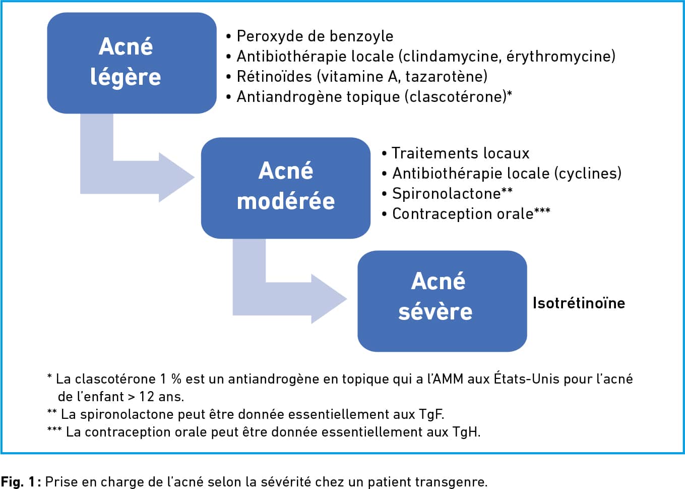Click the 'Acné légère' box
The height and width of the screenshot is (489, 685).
[132, 63]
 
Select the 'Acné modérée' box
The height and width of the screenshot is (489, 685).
[286, 188]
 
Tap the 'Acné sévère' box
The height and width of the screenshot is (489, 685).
[442, 301]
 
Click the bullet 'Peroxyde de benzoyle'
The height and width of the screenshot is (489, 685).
[310, 36]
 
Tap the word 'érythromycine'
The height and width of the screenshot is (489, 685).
[558, 57]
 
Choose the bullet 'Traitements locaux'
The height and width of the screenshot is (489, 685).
[456, 153]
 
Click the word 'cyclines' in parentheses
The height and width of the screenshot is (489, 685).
[587, 173]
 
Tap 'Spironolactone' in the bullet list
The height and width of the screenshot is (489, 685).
[446, 193]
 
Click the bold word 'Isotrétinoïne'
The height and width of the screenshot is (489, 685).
[579, 303]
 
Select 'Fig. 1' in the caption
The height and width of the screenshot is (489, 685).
[18, 481]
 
